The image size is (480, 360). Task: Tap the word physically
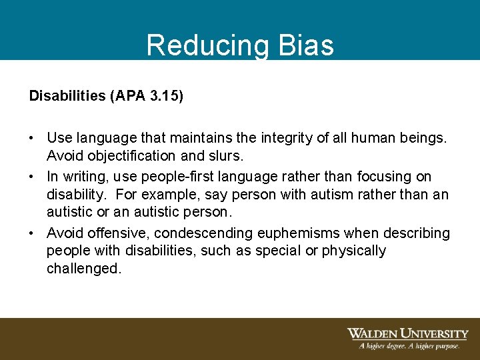coord(353,251)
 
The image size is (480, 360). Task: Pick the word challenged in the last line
coord(83,269)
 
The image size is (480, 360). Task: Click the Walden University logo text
coord(407,333)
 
